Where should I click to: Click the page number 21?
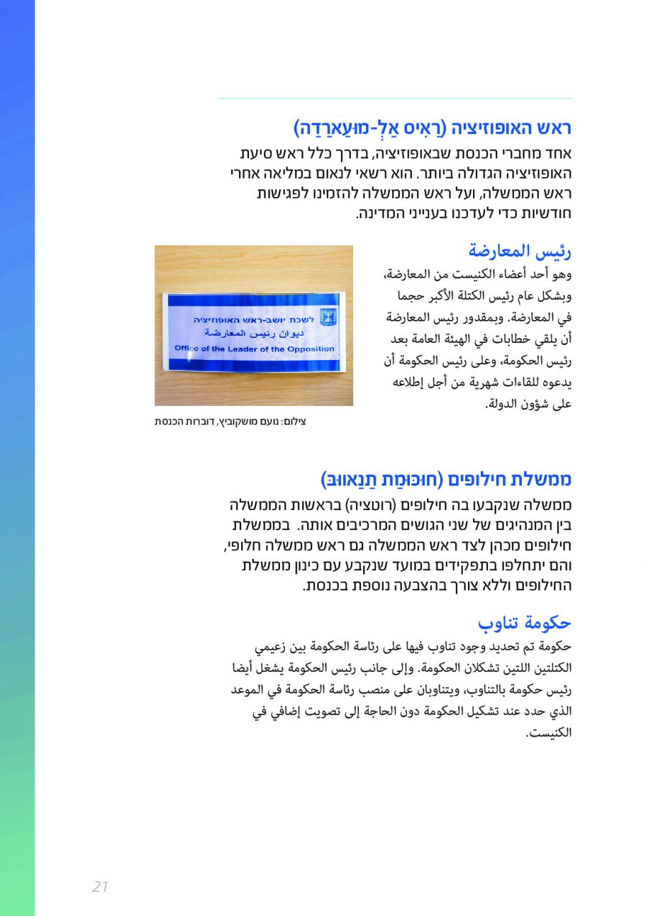pos(100,887)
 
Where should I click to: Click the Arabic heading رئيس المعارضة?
pos(520,252)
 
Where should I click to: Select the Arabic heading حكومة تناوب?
pos(525,622)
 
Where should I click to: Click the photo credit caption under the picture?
pos(230,421)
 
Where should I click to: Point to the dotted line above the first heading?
pos(395,98)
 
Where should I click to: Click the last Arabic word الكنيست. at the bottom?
pos(550,734)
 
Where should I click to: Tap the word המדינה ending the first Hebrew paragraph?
pos(380,214)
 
